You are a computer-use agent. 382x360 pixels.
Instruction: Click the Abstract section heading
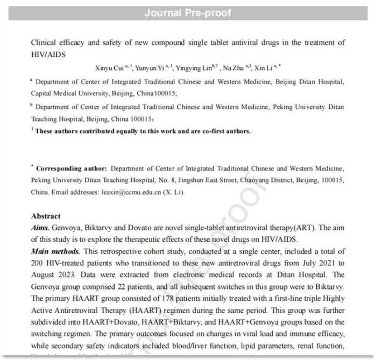point(46,216)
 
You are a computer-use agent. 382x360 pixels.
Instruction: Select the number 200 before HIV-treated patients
point(38,264)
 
